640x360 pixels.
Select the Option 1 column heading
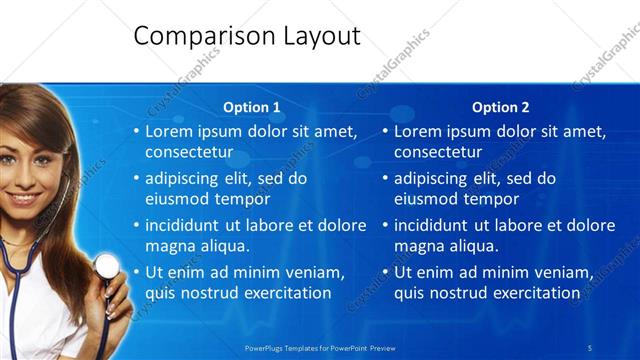pyautogui.click(x=252, y=107)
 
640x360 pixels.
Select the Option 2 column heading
pyautogui.click(x=501, y=107)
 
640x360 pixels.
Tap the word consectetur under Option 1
pyautogui.click(x=189, y=152)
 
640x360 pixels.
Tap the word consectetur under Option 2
pyautogui.click(x=438, y=152)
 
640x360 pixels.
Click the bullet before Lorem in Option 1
pyautogui.click(x=137, y=132)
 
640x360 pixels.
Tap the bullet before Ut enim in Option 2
pyautogui.click(x=386, y=272)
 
